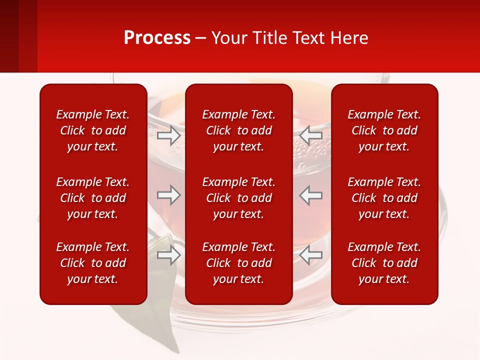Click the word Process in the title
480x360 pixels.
point(157,38)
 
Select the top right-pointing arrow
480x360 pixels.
point(168,135)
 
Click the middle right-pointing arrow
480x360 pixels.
point(168,195)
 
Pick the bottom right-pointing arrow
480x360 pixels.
point(168,255)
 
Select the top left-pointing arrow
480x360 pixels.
point(311,135)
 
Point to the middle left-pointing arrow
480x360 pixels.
point(311,195)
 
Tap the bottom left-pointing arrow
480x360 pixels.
point(311,255)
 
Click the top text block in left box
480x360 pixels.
point(93,130)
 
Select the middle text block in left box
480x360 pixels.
point(93,198)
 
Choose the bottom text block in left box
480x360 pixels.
point(93,263)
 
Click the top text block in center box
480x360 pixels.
point(238,130)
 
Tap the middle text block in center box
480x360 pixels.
point(238,198)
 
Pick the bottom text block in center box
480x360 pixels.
point(238,263)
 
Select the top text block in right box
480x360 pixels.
point(384,130)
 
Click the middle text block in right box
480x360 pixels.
point(384,198)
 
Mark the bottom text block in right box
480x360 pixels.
point(384,263)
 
